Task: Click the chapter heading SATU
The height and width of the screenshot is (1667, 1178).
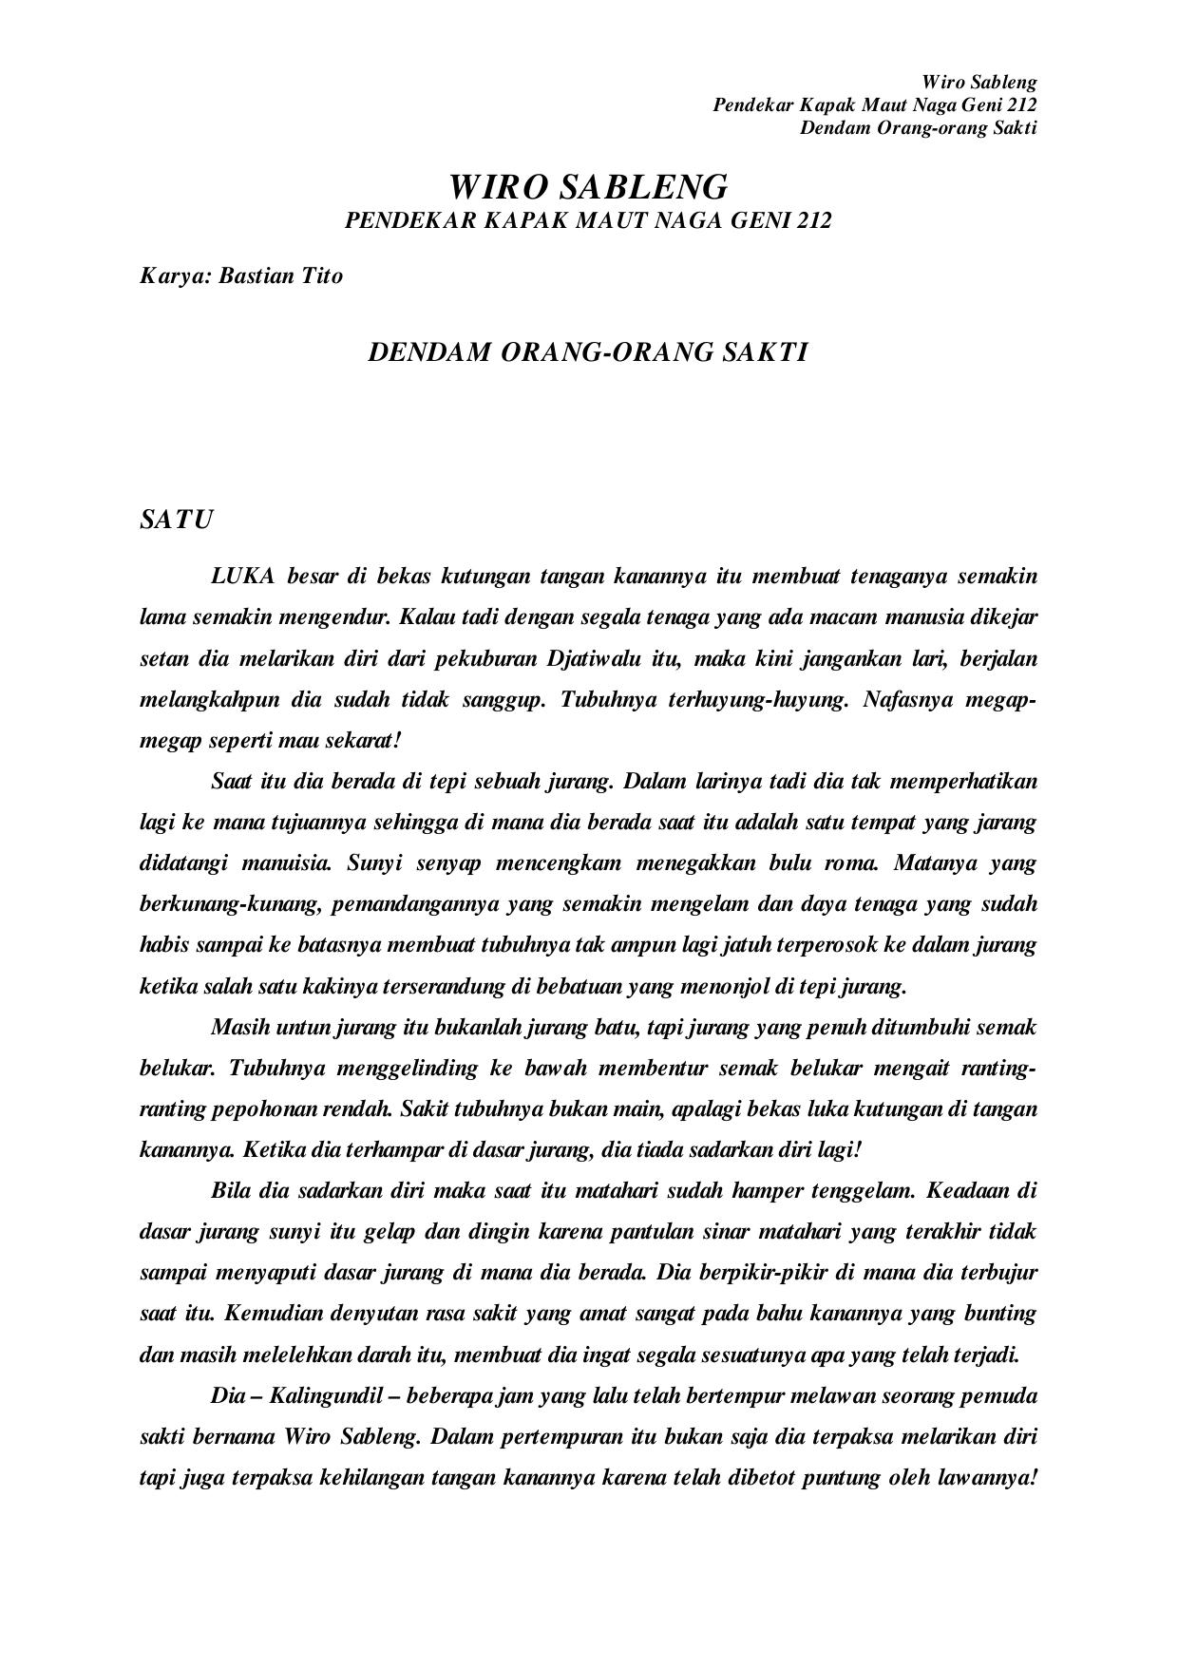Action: point(176,521)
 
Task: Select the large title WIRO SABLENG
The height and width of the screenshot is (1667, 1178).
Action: point(588,186)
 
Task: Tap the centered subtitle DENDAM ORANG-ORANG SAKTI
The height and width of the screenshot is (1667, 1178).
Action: point(588,352)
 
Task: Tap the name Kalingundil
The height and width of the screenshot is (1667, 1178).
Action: point(322,1396)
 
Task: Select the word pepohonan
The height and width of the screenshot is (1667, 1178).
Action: point(272,1108)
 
